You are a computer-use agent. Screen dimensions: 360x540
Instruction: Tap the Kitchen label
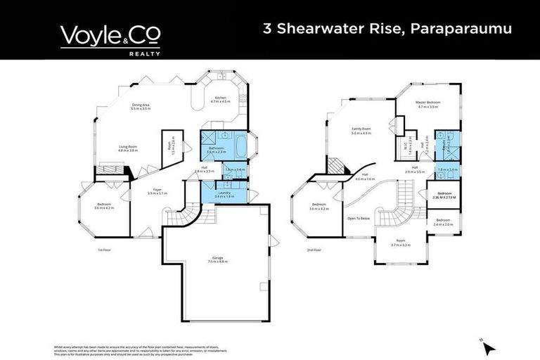220,98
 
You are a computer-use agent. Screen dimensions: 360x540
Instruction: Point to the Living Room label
127,147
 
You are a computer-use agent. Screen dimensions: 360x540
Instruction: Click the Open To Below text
359,219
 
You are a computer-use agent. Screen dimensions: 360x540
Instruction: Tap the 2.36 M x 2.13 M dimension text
444,197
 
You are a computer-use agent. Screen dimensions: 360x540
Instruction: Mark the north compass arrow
488,347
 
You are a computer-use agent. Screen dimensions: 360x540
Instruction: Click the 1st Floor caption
105,250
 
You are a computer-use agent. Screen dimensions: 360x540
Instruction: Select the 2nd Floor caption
314,250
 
